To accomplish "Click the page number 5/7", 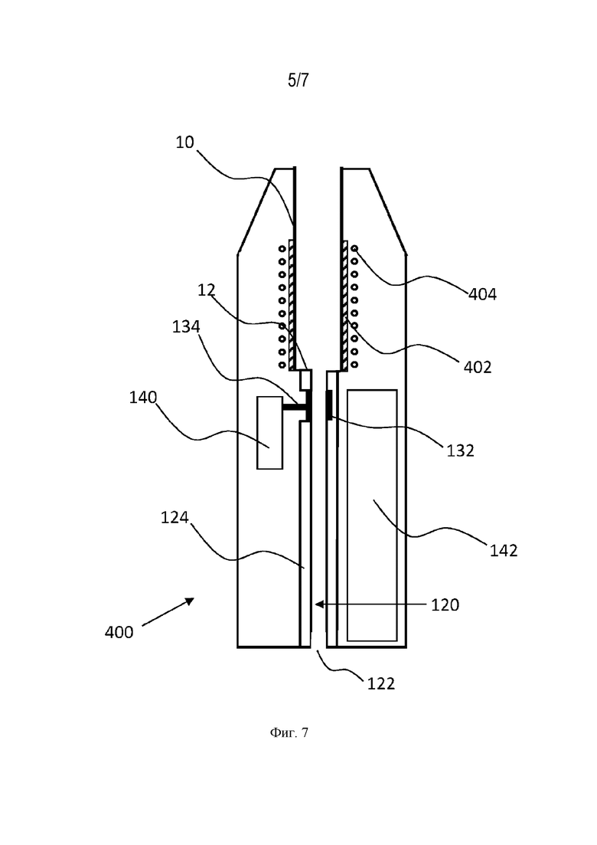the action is coord(298,80).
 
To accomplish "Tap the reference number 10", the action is coord(184,142).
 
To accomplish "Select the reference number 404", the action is coord(482,294).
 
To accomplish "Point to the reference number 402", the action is coord(478,367).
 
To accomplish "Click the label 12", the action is coord(206,290).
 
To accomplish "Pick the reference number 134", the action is coord(186,326).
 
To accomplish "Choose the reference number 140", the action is coord(143,398).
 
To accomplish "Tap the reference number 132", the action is coord(460,450).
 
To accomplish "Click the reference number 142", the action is coord(504,550).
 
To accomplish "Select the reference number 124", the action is coord(175,517).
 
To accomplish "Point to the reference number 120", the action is coord(445,604).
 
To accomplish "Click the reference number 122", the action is coord(381,683).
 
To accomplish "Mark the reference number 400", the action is coord(119,631).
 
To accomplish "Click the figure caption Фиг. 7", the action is coord(289,732).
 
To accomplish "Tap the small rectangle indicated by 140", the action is coord(269,433).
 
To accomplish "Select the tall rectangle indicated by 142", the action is coord(372,515).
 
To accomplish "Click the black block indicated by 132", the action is coord(328,405).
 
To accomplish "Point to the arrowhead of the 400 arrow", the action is coord(191,601).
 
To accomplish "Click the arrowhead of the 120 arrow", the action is coord(318,604).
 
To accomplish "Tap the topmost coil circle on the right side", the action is coord(354,248).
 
